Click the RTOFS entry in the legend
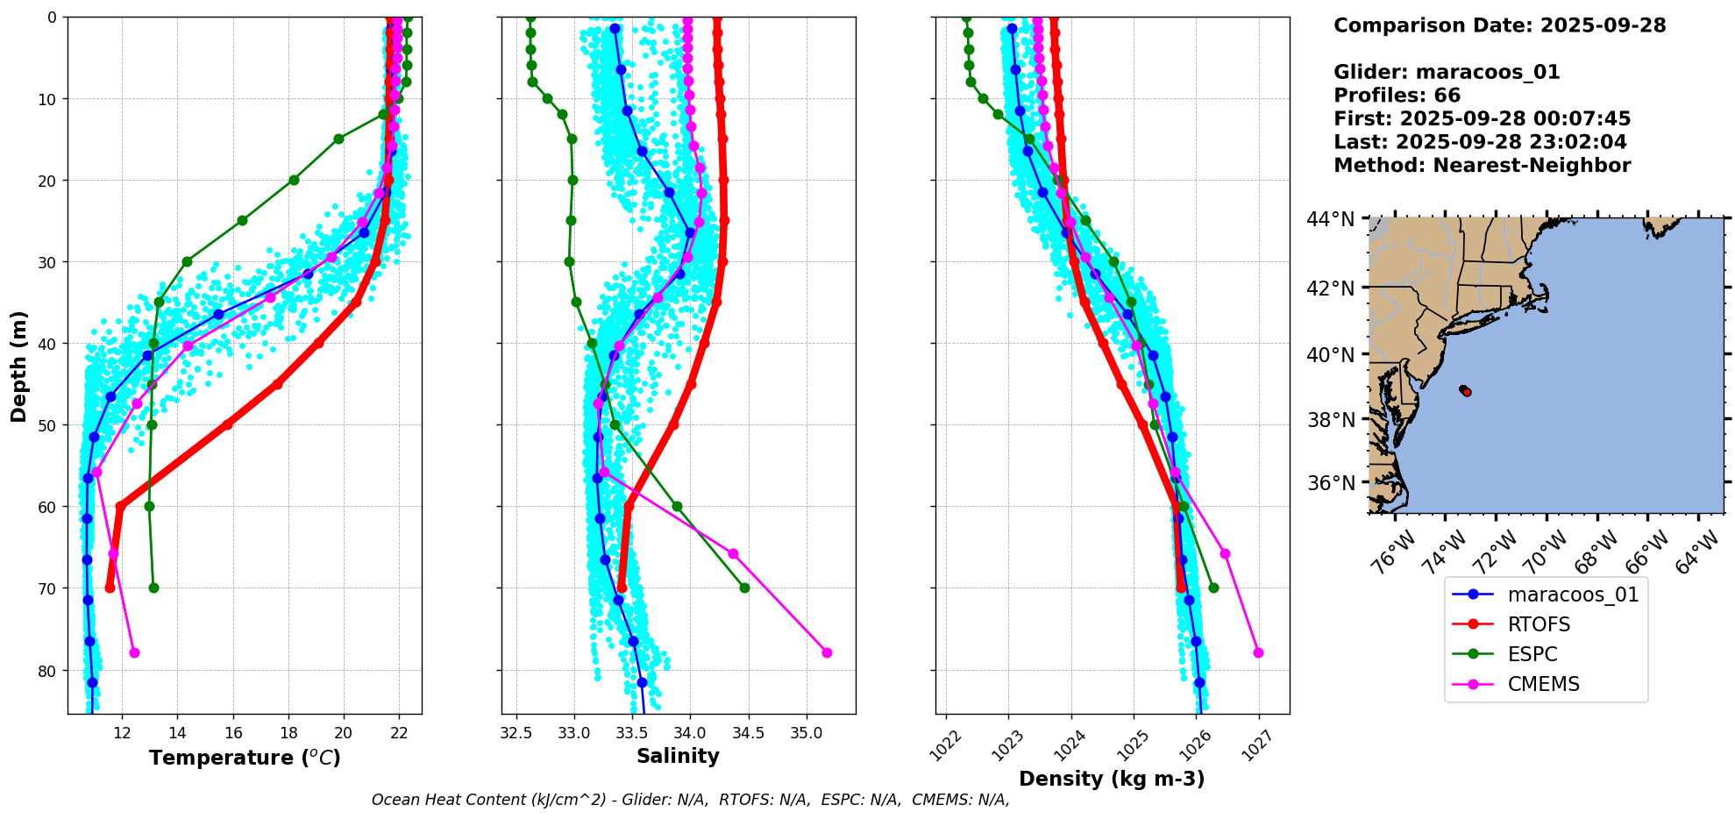1539,624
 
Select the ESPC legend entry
1532,654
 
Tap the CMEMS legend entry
1543,684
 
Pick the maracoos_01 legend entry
1573,595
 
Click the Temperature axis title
245,758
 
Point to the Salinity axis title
678,756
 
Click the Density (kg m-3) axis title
1112,779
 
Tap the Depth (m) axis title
19,366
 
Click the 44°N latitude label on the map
1330,219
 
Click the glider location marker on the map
1465,390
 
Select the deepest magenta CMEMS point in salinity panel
827,652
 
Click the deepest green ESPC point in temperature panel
153,588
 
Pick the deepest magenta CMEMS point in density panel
1259,652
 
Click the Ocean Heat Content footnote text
690,800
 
